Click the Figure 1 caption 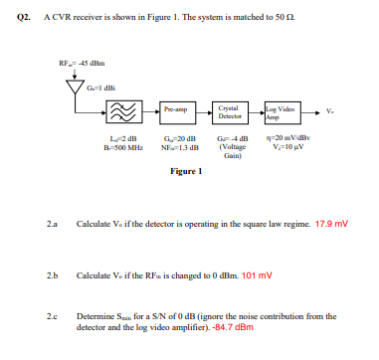187,170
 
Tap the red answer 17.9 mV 333,223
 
